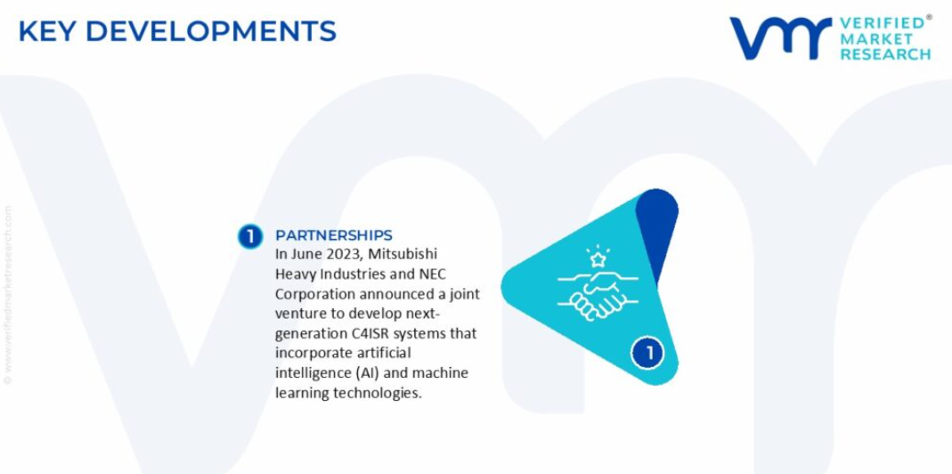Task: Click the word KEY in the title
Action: point(46,31)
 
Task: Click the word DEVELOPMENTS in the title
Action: point(211,31)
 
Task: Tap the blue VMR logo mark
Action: point(780,38)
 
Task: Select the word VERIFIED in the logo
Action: point(884,24)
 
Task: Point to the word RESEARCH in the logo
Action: point(885,54)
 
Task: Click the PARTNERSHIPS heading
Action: point(334,235)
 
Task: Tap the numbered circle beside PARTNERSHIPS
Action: point(250,236)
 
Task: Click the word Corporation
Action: point(315,295)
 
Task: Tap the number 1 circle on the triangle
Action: point(647,353)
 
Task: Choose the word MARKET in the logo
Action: point(876,39)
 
